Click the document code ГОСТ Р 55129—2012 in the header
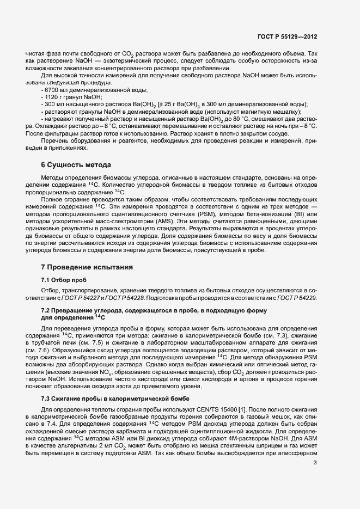point(286,37)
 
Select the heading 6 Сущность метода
point(76,165)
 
